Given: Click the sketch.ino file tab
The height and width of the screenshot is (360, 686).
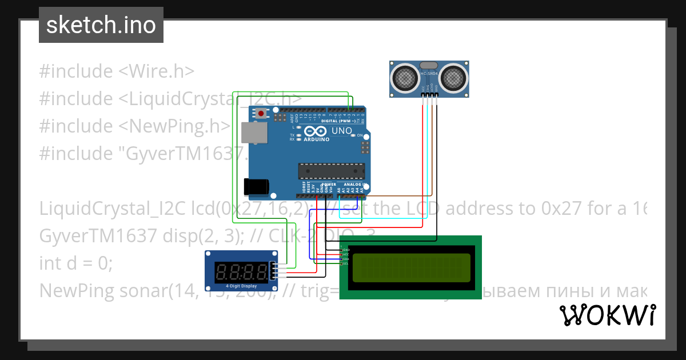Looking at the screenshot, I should [101, 25].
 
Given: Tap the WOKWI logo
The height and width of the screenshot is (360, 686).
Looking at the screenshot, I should [607, 315].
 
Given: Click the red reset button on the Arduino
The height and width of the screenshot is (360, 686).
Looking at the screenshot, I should [261, 114].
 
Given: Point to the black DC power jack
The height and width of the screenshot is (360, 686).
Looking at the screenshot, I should [256, 186].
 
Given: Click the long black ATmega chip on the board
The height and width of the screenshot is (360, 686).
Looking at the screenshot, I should [331, 170].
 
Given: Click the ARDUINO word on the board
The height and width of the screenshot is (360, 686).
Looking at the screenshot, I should [316, 139].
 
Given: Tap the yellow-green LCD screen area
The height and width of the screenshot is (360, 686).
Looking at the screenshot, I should [411, 268].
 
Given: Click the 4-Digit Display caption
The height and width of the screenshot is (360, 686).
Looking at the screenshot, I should [241, 286].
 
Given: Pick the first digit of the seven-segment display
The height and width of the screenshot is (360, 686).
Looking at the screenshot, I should [221, 271].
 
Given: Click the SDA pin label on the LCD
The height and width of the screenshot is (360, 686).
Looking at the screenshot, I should [345, 259].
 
